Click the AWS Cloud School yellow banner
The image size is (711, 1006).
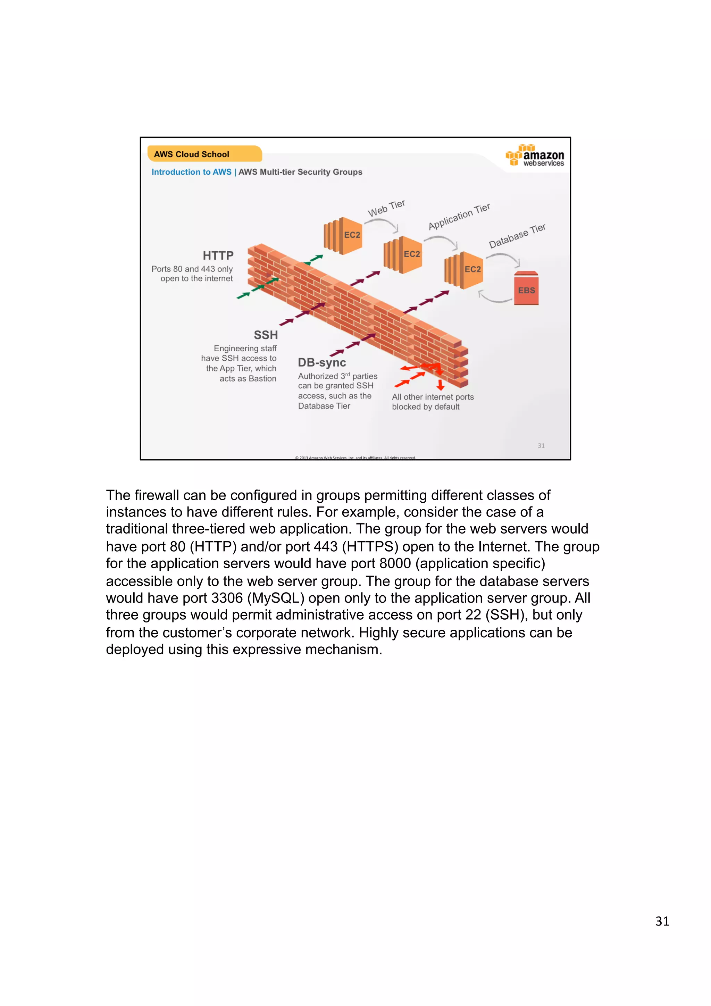point(204,154)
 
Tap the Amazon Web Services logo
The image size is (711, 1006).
point(535,156)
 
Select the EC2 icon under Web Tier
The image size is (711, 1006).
point(343,236)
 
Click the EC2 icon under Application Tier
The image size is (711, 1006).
point(403,254)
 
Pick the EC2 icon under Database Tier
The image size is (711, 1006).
point(464,270)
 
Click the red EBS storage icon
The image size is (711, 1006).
point(526,288)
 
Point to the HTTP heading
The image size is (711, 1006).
point(218,255)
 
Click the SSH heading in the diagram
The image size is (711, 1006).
point(266,335)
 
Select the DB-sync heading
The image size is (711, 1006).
point(321,363)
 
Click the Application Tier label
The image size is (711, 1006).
point(459,217)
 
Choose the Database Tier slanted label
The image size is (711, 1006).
point(517,236)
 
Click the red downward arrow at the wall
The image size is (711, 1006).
point(441,385)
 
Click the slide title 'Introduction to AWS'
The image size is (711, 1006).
point(191,172)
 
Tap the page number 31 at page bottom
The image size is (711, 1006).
point(662,921)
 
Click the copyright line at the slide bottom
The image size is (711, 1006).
point(355,458)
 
